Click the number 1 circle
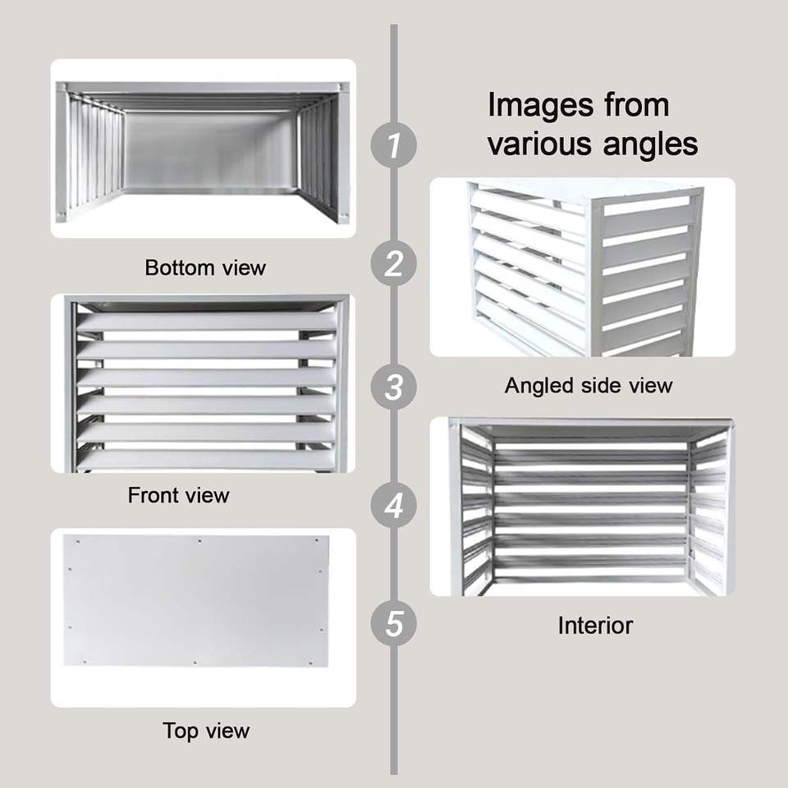pyautogui.click(x=393, y=144)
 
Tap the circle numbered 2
pyautogui.click(x=393, y=263)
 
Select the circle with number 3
pyautogui.click(x=393, y=387)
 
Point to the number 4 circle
pyautogui.click(x=393, y=505)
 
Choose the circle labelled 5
pyautogui.click(x=393, y=624)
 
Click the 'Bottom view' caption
pyautogui.click(x=205, y=268)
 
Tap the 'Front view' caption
pyautogui.click(x=178, y=496)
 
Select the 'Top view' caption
pyautogui.click(x=206, y=731)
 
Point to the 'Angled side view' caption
pyautogui.click(x=589, y=386)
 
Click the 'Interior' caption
pyautogui.click(x=595, y=625)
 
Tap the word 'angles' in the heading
pyautogui.click(x=650, y=144)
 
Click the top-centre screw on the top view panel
pyautogui.click(x=200, y=541)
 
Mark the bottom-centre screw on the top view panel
pyautogui.click(x=195, y=663)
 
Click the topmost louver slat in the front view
pyautogui.click(x=206, y=322)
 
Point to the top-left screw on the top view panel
pyautogui.click(x=78, y=542)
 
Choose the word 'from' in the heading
pyautogui.click(x=637, y=106)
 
